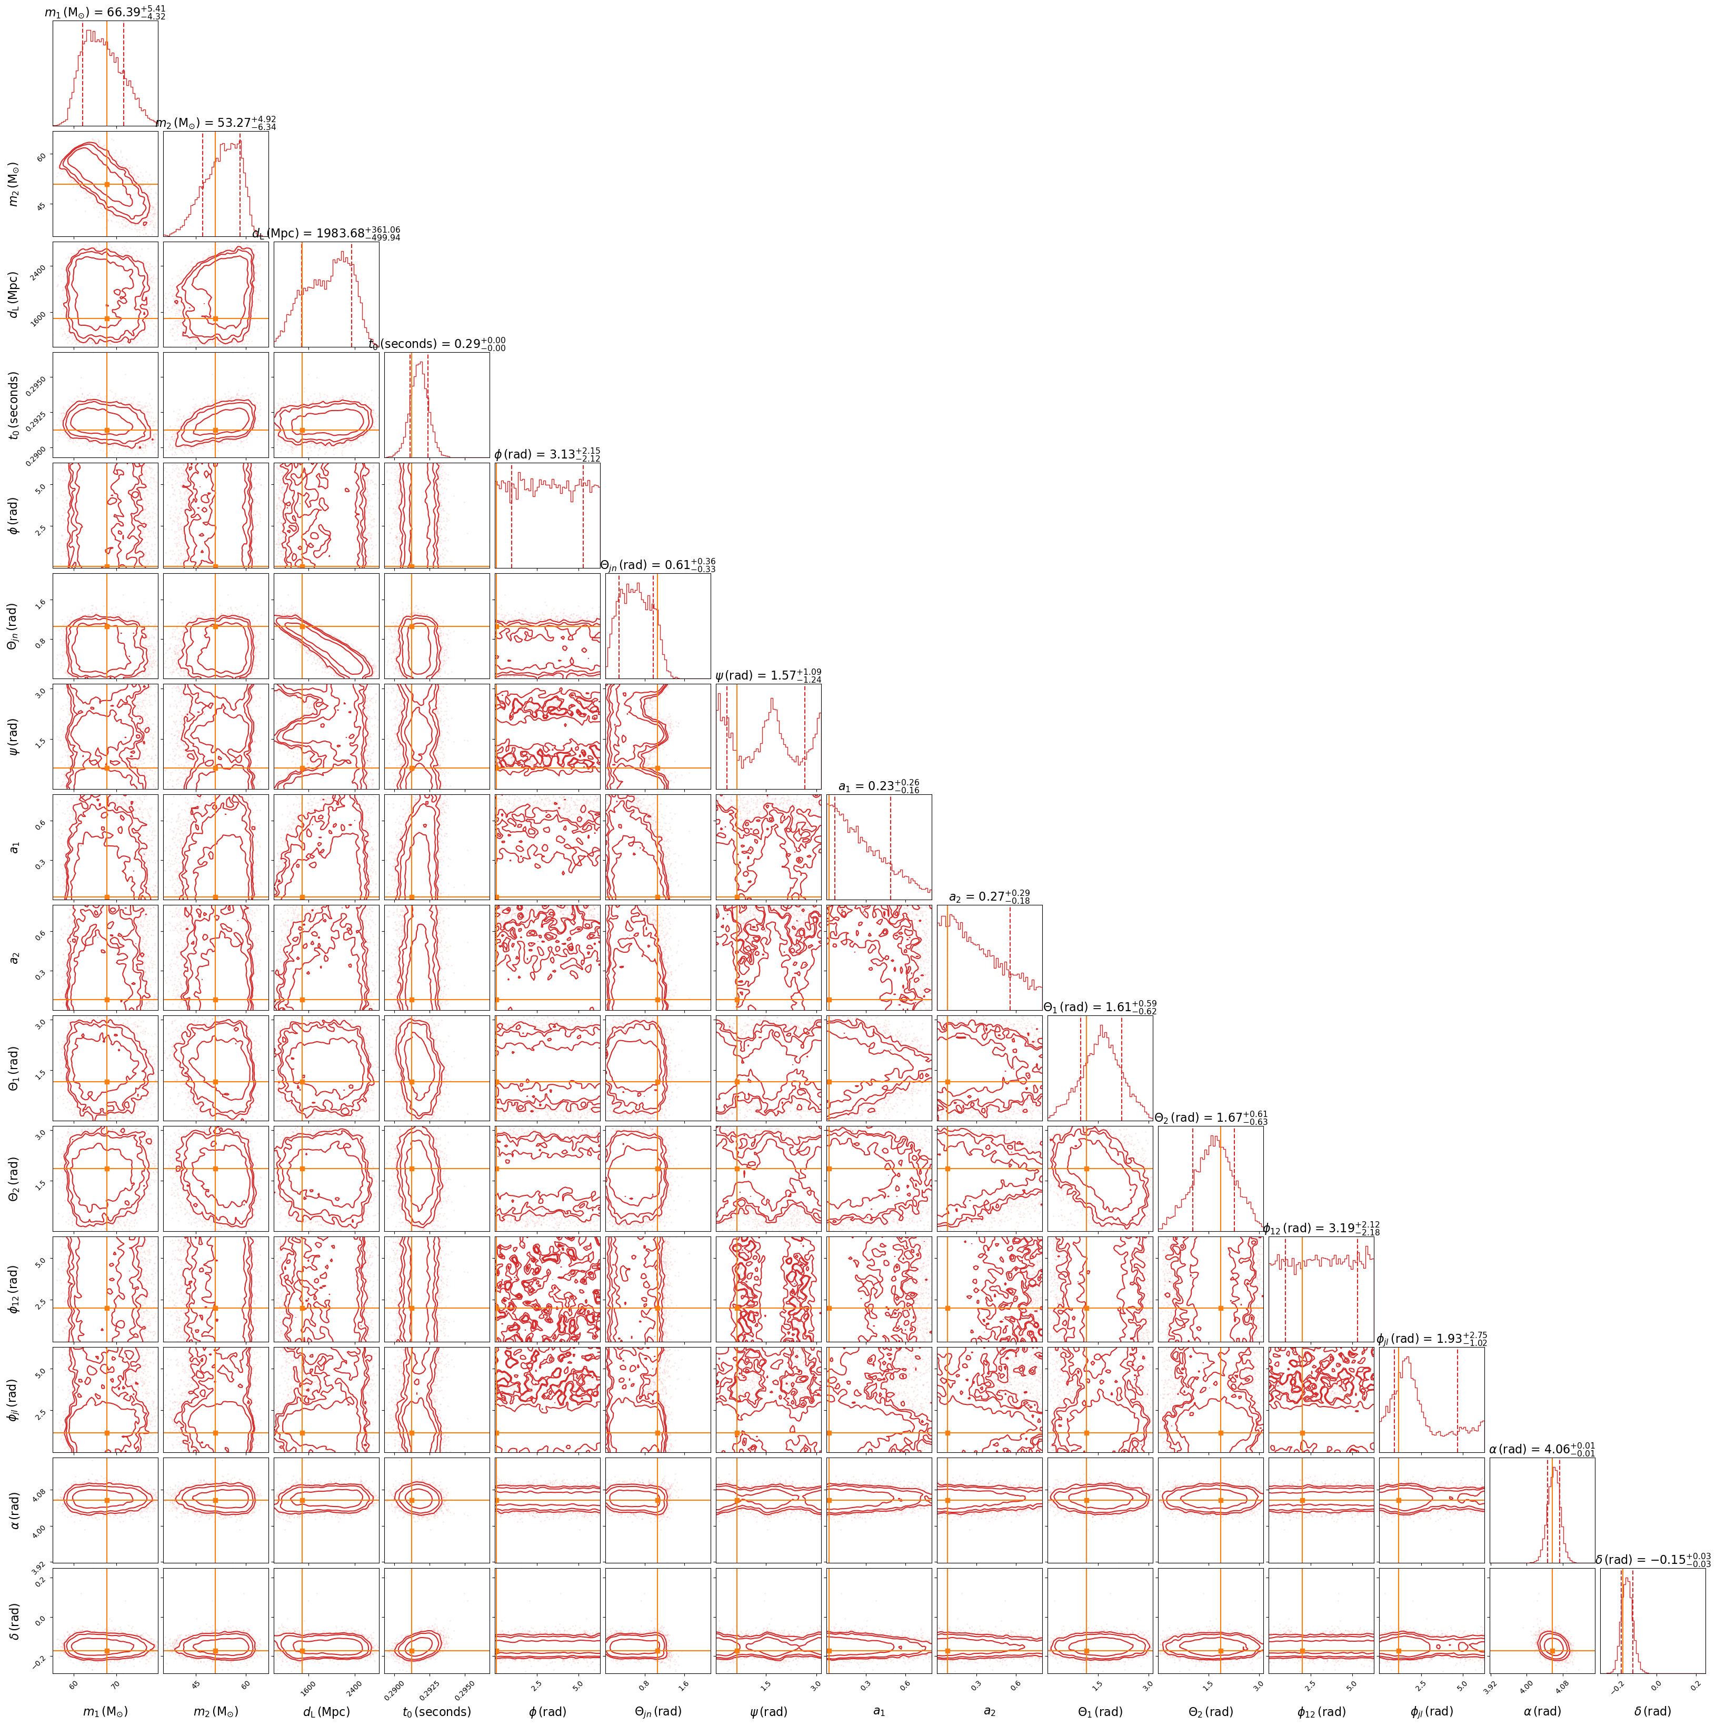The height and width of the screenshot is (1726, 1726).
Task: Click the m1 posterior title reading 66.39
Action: [x=105, y=13]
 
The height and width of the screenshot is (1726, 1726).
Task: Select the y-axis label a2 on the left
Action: [x=15, y=957]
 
